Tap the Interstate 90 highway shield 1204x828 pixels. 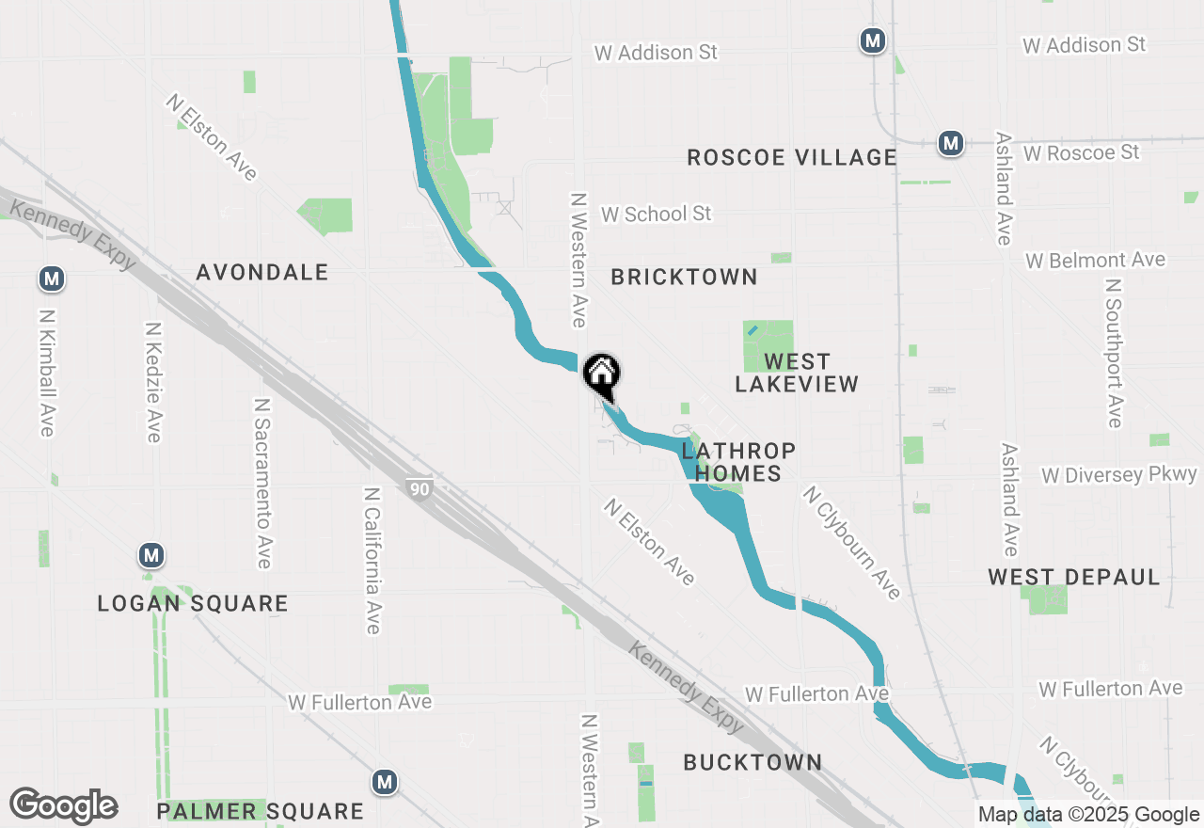tap(420, 487)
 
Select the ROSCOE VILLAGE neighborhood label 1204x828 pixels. tap(791, 157)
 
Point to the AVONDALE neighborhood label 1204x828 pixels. tap(262, 273)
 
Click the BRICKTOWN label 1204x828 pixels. tap(684, 277)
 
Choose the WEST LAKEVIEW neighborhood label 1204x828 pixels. tap(797, 373)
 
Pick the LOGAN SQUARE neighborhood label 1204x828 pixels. tap(193, 604)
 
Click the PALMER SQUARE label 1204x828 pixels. tap(260, 811)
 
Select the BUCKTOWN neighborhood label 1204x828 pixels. tap(752, 762)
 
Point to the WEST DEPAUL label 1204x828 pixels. tap(1074, 577)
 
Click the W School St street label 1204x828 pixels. tap(656, 214)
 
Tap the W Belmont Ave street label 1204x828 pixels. tap(1095, 260)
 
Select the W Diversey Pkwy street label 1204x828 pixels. tap(1118, 475)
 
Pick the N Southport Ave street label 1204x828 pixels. tap(1115, 353)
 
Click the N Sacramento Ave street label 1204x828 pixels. tap(263, 482)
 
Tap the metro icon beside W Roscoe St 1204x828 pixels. tap(951, 144)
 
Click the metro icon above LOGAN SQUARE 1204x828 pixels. tap(151, 555)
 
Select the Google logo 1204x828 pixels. tap(64, 805)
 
